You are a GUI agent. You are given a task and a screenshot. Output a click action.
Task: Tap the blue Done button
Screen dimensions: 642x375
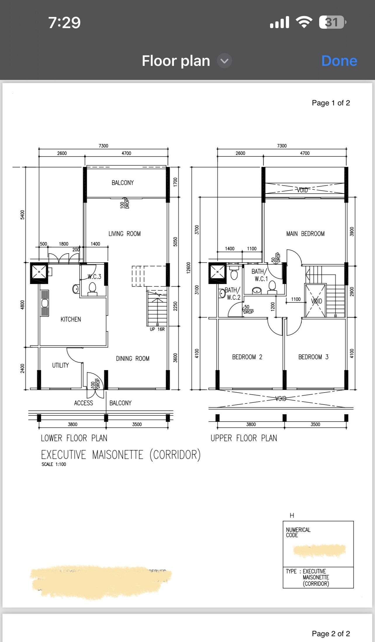click(339, 61)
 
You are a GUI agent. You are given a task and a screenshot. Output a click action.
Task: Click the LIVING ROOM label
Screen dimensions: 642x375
click(125, 234)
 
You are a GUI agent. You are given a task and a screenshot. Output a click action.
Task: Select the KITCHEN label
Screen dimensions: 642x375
click(71, 319)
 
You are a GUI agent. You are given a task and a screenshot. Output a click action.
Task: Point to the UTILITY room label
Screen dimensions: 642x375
click(61, 365)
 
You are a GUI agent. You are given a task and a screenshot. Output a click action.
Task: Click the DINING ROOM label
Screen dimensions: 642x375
click(132, 358)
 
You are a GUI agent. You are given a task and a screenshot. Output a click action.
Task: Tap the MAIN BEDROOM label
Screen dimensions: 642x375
click(305, 234)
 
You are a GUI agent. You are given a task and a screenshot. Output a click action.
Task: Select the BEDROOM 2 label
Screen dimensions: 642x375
click(247, 357)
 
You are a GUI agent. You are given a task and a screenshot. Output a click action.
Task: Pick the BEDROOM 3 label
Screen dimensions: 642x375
click(313, 357)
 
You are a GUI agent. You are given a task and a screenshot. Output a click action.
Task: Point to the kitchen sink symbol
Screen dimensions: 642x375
click(45, 303)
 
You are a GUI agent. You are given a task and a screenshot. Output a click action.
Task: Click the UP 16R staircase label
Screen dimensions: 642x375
click(157, 329)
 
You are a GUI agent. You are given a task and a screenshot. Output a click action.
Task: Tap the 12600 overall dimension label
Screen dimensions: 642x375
click(189, 268)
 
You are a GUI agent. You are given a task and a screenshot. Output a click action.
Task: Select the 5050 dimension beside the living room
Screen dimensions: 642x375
click(175, 242)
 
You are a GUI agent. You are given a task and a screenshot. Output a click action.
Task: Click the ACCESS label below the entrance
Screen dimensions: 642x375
click(83, 403)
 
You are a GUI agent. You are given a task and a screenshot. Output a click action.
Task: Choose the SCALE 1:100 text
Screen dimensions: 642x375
click(54, 464)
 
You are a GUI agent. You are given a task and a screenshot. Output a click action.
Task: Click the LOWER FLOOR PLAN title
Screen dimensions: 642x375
click(74, 438)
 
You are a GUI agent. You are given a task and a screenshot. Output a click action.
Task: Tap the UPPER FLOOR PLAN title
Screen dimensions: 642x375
click(243, 438)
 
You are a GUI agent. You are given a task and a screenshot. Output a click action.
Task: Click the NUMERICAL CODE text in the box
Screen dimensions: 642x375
click(298, 532)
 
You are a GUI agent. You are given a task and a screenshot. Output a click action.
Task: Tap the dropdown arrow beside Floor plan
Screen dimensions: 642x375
click(224, 61)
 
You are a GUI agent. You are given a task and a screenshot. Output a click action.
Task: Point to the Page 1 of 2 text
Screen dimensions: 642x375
click(331, 103)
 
